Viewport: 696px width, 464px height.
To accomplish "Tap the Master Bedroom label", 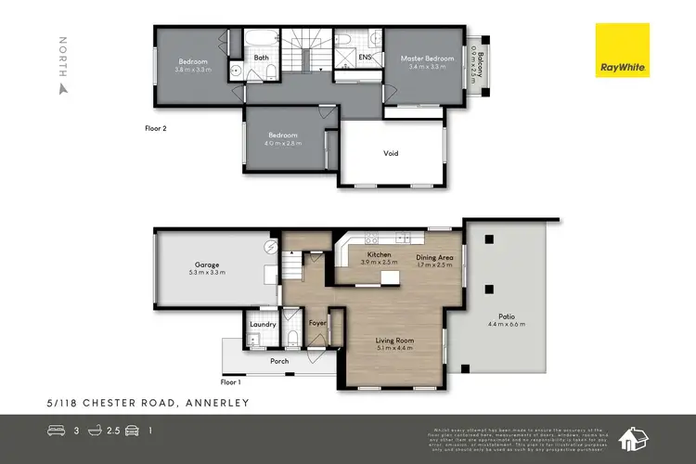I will (x=428, y=58).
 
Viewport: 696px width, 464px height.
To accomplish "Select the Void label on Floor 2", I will (x=391, y=153).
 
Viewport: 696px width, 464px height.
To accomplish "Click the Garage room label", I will (x=207, y=264).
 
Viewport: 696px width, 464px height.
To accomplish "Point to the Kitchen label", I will (x=379, y=254).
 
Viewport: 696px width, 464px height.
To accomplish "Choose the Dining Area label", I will (x=434, y=256).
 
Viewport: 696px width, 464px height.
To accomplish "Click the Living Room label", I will (x=394, y=341).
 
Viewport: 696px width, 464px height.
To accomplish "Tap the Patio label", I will (x=506, y=316).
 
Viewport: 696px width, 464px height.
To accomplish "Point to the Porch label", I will (x=279, y=361).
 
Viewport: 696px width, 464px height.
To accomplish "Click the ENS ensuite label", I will (x=365, y=58).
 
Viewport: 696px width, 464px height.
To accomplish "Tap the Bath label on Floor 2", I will (x=262, y=58).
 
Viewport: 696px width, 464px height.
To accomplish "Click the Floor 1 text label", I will (x=230, y=381).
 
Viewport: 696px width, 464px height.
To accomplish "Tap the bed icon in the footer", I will (x=55, y=431).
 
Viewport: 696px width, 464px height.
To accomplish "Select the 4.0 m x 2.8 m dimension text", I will (x=282, y=142).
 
